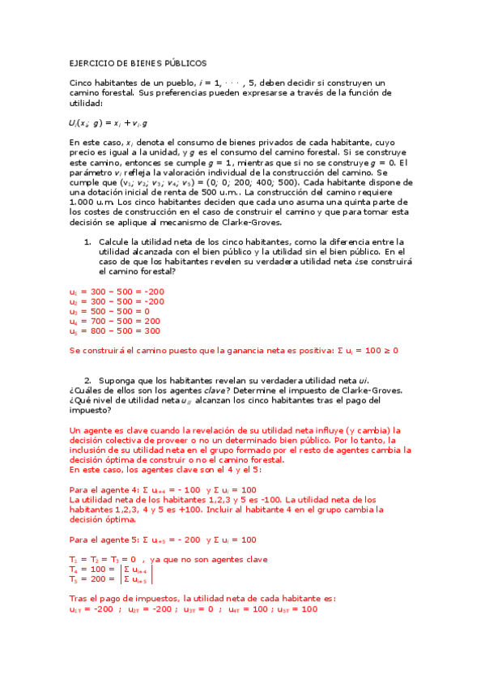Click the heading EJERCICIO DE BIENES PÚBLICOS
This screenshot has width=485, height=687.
pos(138,62)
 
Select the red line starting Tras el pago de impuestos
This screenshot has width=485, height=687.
pos(202,599)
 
